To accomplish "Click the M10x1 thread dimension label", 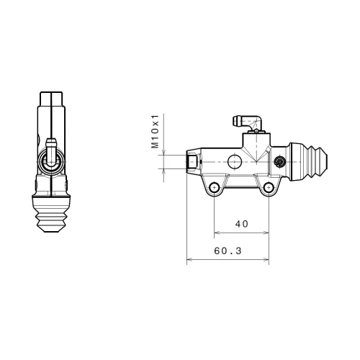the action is tap(155, 131).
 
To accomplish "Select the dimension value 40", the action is tap(241, 224).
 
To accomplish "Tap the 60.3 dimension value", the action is tap(228, 251).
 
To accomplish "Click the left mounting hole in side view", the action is tap(214, 187).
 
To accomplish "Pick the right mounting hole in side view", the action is tap(269, 187).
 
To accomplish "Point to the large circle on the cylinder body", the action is tap(235, 162).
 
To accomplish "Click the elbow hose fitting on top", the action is tap(248, 123).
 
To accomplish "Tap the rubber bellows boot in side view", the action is tap(308, 162).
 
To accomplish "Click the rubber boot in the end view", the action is tap(51, 214).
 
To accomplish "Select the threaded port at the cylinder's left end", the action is tap(194, 162).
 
